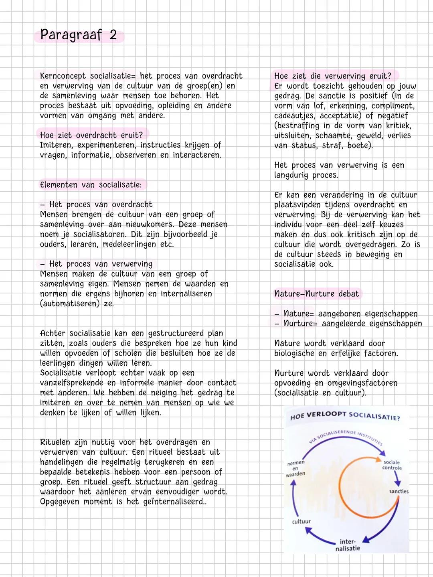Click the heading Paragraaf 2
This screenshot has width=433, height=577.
click(79, 35)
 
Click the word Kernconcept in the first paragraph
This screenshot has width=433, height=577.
click(63, 76)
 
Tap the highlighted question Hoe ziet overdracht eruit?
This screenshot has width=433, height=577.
click(91, 135)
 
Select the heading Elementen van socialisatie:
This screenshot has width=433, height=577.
click(91, 185)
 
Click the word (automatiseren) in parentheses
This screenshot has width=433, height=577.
click(70, 304)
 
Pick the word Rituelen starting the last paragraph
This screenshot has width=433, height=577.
click(57, 442)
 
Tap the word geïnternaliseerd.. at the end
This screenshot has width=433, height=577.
click(175, 502)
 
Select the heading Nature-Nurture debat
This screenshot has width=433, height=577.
click(317, 294)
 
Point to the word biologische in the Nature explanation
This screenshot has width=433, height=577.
click(295, 353)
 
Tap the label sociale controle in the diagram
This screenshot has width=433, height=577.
click(392, 465)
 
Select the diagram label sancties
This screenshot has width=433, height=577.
click(399, 491)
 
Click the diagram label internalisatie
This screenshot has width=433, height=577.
click(347, 545)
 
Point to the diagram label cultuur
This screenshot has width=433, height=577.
click(301, 522)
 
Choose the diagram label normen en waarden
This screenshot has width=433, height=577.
click(296, 468)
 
